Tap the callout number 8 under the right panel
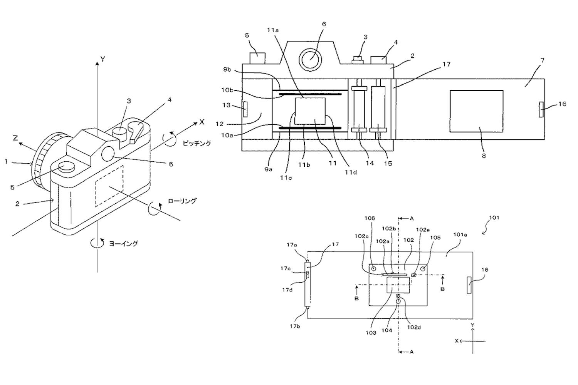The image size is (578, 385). (484, 156)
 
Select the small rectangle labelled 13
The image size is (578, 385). (245, 109)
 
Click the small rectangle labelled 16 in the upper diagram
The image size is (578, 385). (541, 109)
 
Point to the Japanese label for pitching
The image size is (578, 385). (197, 143)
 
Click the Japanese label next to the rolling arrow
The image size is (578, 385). (182, 201)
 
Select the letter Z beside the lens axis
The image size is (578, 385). (15, 139)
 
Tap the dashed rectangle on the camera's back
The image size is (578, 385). (109, 186)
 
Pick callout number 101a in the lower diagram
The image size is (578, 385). (460, 235)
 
